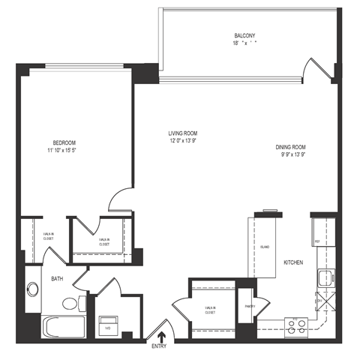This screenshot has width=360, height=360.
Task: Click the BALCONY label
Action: [x=244, y=35]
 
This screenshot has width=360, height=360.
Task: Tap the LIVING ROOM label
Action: [x=183, y=133]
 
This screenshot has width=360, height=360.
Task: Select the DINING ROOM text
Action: [x=293, y=147]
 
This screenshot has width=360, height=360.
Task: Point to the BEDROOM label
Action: [x=64, y=142]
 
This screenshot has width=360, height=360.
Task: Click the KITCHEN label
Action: [x=292, y=262]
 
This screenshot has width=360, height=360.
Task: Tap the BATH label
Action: [x=57, y=279]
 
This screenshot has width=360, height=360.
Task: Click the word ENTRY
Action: [x=159, y=346]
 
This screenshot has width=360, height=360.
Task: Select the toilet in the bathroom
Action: [x=71, y=304]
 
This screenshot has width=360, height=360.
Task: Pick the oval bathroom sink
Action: [x=33, y=289]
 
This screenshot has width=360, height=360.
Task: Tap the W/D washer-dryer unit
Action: [x=107, y=325]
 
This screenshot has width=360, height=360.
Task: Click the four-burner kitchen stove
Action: [x=297, y=325]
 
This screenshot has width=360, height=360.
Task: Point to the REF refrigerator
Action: [x=318, y=241]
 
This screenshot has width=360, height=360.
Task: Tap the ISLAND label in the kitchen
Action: [x=265, y=247]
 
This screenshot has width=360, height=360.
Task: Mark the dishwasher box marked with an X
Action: [x=318, y=301]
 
